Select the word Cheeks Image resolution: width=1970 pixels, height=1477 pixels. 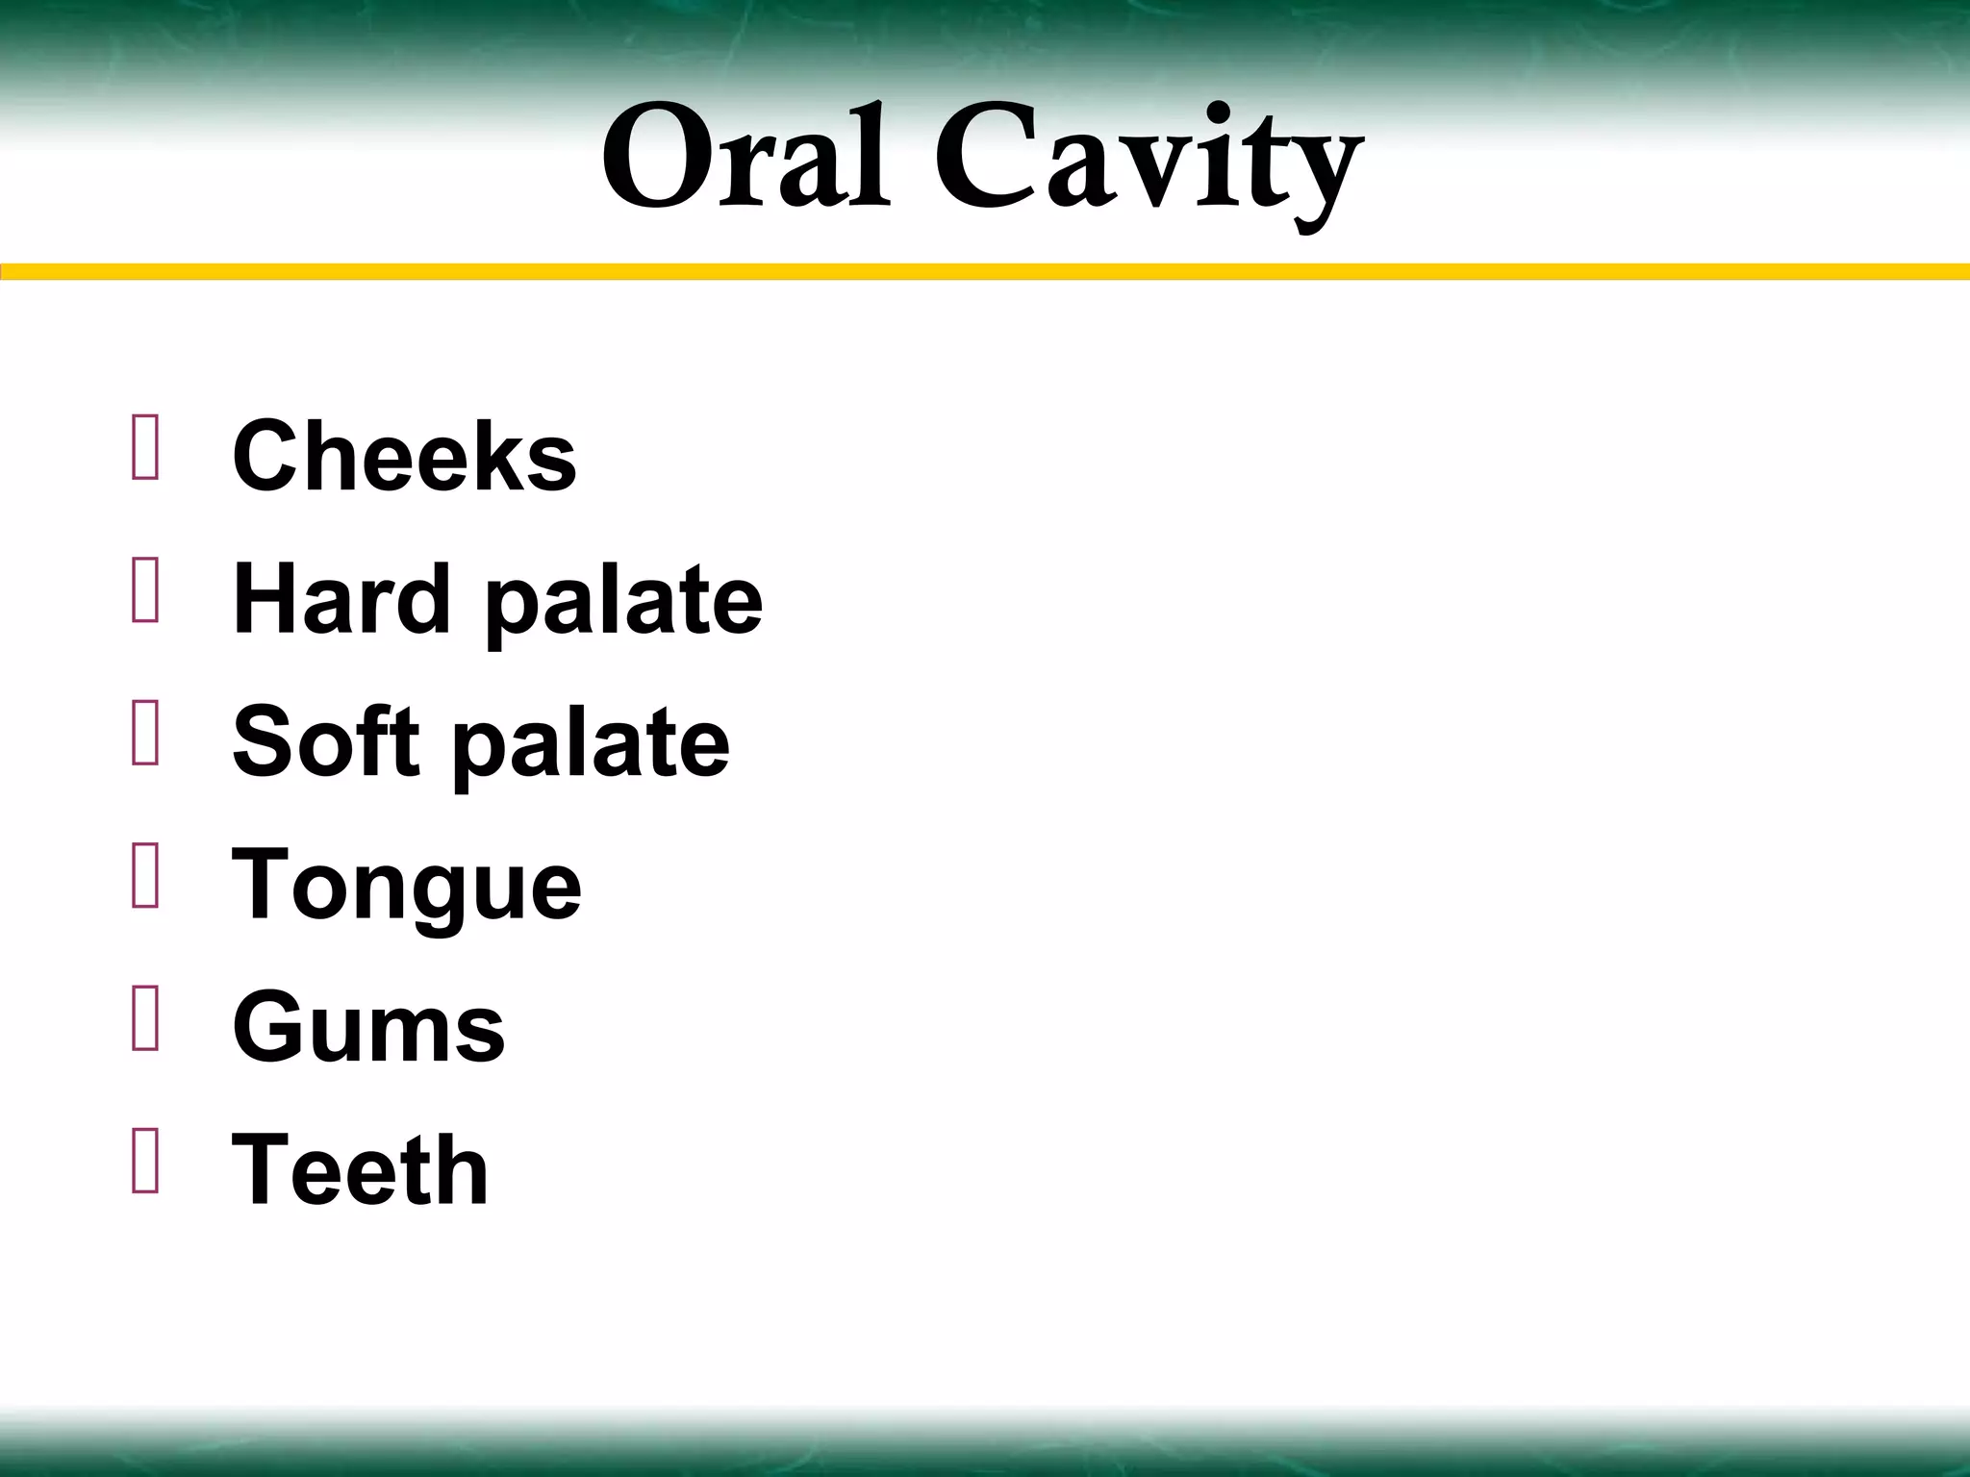click(404, 456)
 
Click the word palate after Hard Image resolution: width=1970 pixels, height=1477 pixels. click(624, 604)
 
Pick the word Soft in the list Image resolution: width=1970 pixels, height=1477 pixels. click(326, 741)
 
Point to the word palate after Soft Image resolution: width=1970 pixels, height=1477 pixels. click(592, 746)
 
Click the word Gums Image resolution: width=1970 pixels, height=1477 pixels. click(368, 1027)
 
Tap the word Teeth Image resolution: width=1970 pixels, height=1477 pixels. click(361, 1168)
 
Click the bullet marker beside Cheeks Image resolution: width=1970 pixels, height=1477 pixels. click(145, 446)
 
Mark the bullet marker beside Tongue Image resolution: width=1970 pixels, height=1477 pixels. click(145, 875)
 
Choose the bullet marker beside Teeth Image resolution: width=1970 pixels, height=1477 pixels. click(145, 1161)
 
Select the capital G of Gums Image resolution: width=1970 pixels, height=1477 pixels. click(271, 1026)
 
